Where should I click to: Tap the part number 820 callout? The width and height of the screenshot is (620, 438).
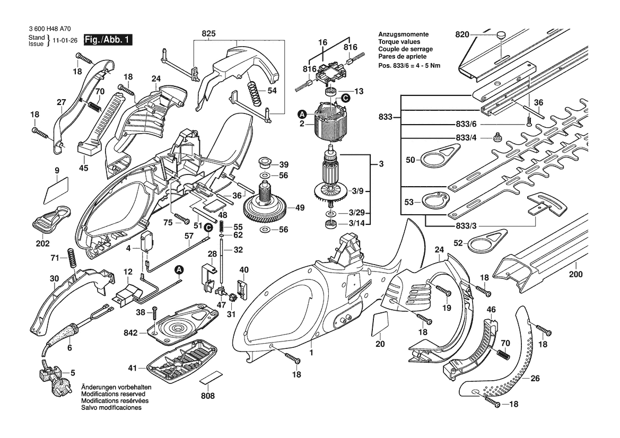tap(462, 35)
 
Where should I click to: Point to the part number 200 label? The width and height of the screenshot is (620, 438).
tap(575, 275)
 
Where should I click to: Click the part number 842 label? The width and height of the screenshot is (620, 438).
tap(130, 333)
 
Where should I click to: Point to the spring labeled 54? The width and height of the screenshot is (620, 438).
tap(253, 89)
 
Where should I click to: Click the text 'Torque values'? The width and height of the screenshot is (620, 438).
tap(398, 41)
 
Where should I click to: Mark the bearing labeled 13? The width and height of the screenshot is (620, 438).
tap(333, 93)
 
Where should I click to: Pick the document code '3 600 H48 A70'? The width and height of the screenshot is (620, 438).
tap(49, 30)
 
